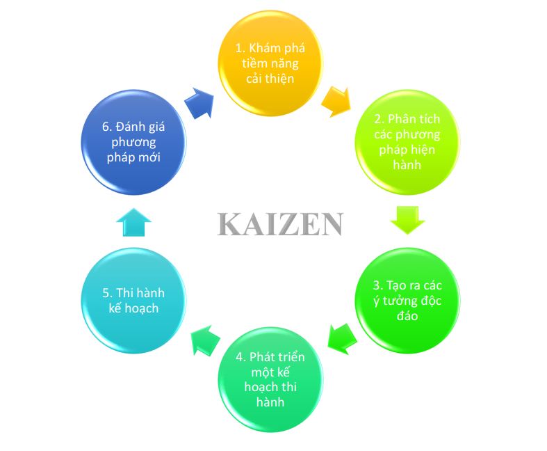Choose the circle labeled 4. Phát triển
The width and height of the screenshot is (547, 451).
[271, 379]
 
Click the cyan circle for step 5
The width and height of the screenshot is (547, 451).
[133, 301]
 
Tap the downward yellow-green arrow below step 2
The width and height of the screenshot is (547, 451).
[407, 219]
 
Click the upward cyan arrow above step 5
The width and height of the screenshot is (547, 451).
[133, 222]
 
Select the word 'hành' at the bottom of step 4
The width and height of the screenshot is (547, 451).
[270, 402]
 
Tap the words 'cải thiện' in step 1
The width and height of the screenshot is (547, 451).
[270, 79]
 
